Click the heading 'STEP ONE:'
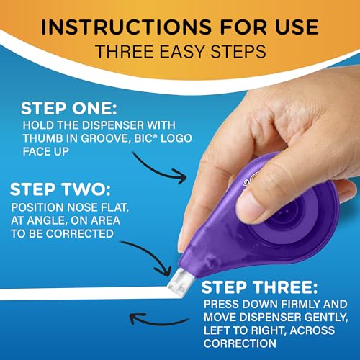[x=69, y=109]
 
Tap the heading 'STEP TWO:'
[x=60, y=189]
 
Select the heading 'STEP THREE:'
[x=259, y=287]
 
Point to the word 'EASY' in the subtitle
[x=181, y=51]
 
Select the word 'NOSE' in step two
[x=84, y=207]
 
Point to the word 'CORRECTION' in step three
[x=240, y=343]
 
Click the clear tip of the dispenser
[x=181, y=282]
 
